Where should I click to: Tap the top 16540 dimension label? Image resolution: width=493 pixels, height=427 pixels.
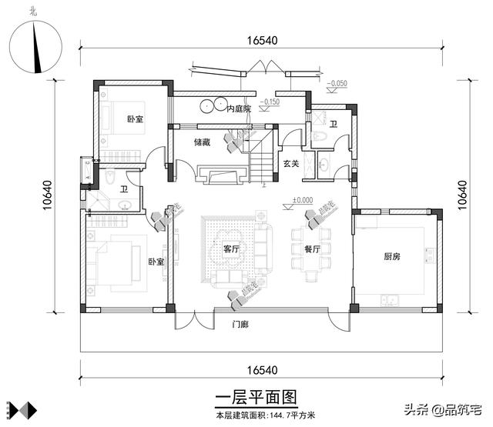(x=262, y=41)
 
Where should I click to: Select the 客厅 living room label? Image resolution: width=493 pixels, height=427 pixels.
(x=231, y=249)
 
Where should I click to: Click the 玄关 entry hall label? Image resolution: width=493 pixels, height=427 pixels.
(x=290, y=163)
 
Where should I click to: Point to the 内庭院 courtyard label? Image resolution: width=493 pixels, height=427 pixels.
(x=239, y=110)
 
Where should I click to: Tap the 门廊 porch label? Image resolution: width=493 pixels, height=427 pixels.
(x=240, y=324)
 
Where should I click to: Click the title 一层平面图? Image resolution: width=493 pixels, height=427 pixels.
(x=254, y=398)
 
